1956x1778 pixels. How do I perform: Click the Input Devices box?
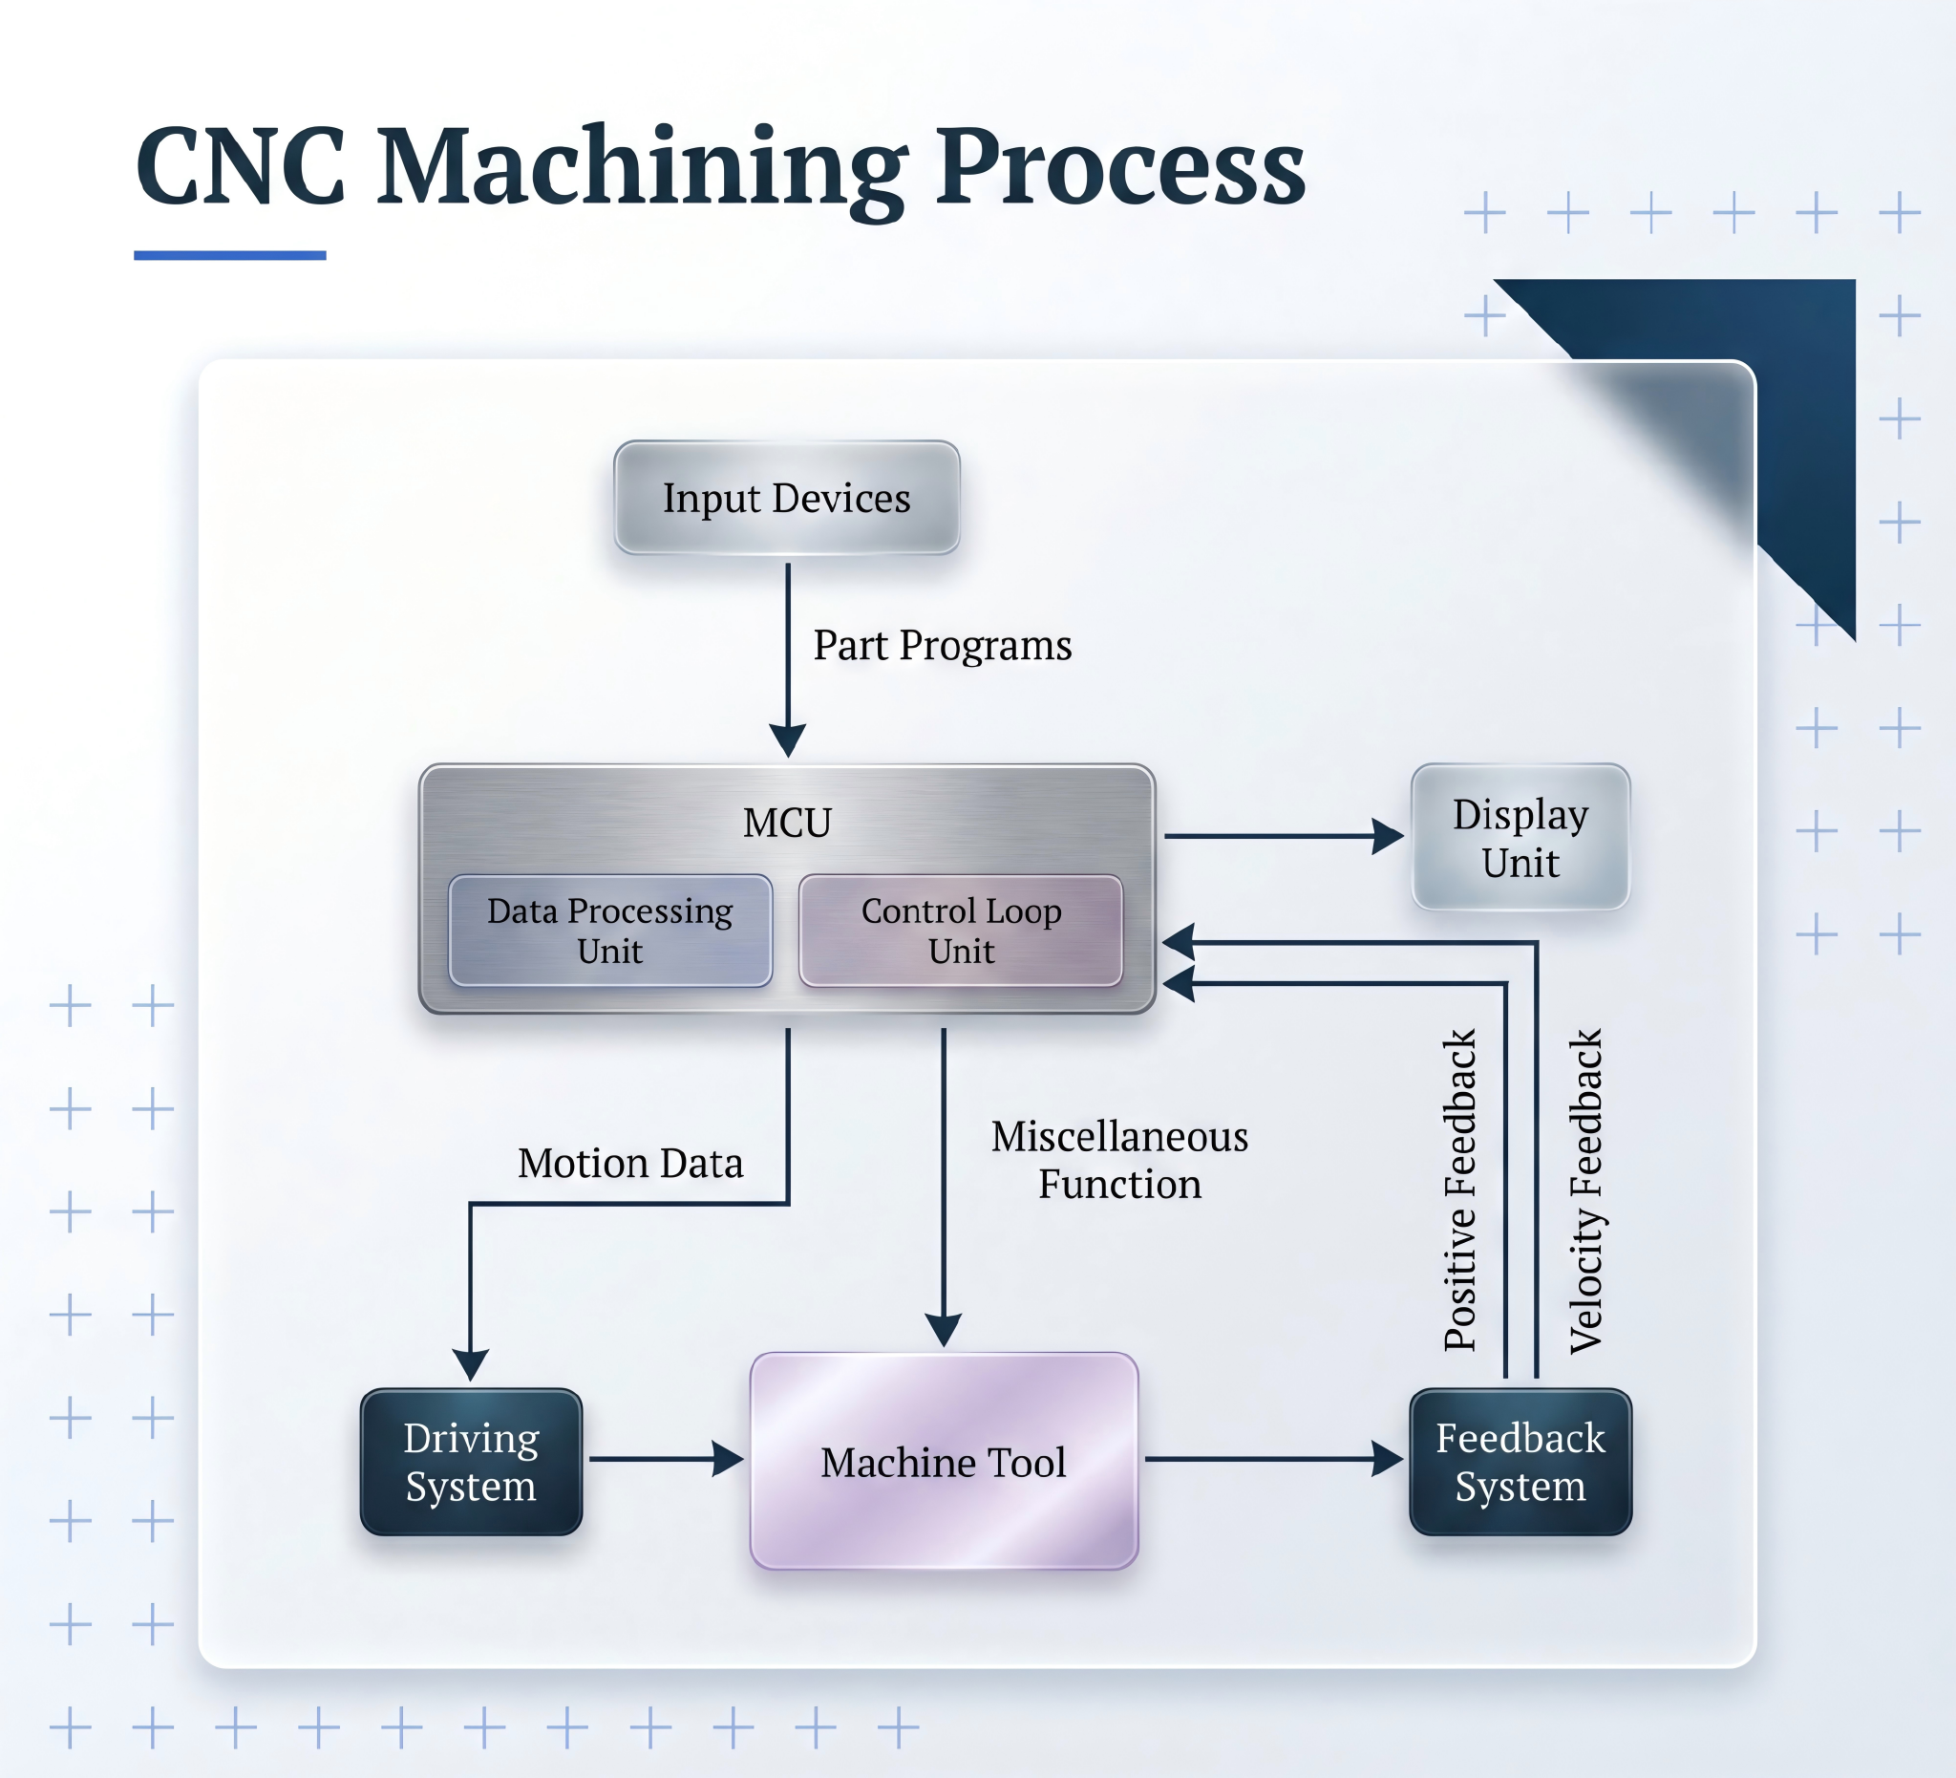787,498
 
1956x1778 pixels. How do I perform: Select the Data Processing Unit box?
610,931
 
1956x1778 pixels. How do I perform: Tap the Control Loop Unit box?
961,931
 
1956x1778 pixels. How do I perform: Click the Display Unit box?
1520,838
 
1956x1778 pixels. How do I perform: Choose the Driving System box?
471,1462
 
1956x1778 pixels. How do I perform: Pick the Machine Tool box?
943,1462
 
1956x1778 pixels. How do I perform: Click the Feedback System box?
1520,1462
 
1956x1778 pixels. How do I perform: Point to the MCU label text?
787,823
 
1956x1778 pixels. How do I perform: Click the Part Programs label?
942,646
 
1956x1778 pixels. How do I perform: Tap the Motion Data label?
630,1163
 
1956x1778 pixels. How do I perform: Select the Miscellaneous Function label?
1119,1160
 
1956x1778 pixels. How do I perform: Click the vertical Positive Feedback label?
1459,1189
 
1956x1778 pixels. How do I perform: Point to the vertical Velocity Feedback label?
1585,1191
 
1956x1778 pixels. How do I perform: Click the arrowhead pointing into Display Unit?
1389,836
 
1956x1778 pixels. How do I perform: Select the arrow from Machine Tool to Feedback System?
1271,1459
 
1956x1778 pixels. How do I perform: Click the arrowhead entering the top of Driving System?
471,1364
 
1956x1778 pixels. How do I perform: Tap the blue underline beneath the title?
230,255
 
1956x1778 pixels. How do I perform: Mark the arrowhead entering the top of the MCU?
788,740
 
